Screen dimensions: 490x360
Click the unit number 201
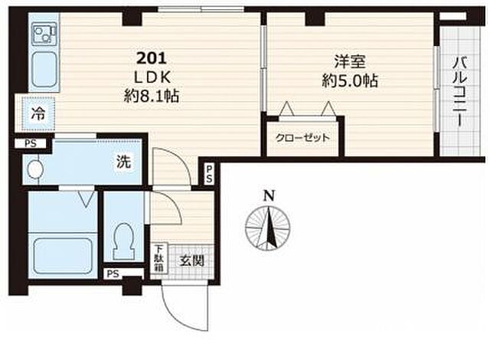coord(152,58)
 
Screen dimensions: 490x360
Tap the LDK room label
coord(152,77)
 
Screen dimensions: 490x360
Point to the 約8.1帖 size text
coord(152,96)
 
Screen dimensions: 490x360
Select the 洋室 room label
coord(350,61)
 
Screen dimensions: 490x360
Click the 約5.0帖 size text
coord(350,80)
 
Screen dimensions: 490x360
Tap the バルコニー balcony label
coord(459,91)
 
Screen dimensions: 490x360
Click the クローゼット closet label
coord(302,138)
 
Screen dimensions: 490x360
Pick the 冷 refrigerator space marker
coord(38,114)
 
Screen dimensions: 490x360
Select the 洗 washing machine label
coord(124,162)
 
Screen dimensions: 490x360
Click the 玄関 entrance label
coord(191,260)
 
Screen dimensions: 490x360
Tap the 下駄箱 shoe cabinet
coord(159,259)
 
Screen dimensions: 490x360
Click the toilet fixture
coord(124,241)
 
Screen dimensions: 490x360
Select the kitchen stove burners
coord(44,34)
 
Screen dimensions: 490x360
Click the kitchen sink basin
coord(44,70)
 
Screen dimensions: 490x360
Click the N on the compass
coord(269,196)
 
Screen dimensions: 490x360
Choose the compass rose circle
coord(268,228)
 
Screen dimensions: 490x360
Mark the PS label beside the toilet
coord(113,273)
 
